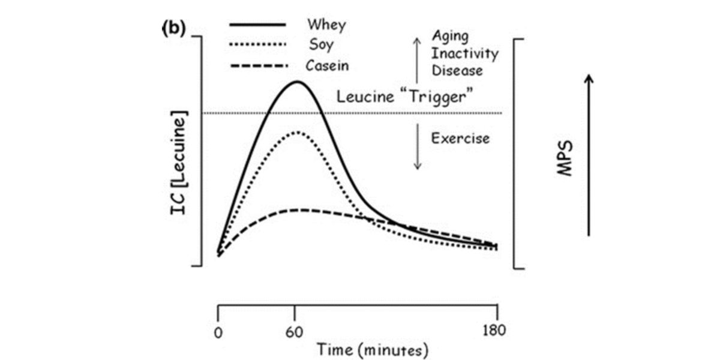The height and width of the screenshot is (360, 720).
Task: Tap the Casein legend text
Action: click(327, 64)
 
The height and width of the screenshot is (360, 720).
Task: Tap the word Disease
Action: click(457, 70)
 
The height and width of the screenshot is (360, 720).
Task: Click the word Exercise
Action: click(460, 139)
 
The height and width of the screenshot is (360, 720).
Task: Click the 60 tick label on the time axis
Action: click(295, 329)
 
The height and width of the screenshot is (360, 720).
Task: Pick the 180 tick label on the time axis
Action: click(497, 329)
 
